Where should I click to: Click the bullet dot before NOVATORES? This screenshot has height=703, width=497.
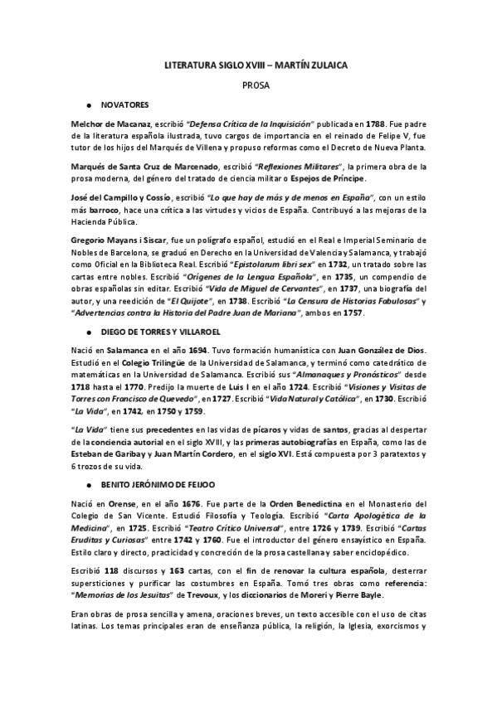click(x=88, y=106)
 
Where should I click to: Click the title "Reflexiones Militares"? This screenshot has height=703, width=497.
click(x=287, y=167)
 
